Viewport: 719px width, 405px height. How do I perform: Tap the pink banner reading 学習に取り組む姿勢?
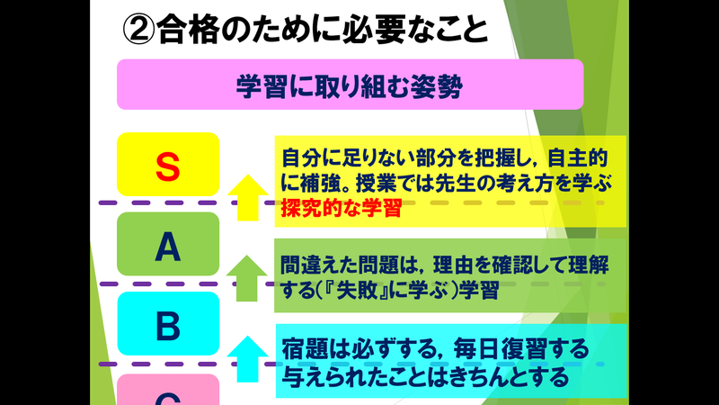point(351,87)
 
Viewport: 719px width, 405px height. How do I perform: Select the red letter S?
point(168,165)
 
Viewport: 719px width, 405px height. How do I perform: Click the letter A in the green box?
point(168,246)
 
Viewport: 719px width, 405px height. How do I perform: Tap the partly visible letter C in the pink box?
point(168,396)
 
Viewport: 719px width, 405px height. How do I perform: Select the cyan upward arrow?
point(245,355)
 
